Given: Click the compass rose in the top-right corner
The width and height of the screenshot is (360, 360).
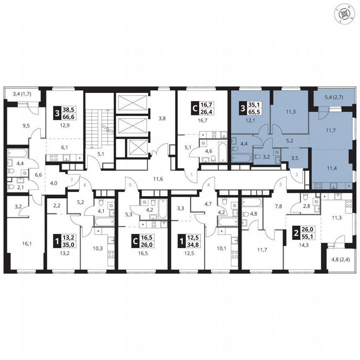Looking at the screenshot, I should (x=345, y=14).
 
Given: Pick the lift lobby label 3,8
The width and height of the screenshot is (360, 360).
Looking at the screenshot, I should (x=162, y=118).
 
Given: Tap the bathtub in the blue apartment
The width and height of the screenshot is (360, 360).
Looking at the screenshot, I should (x=242, y=158).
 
